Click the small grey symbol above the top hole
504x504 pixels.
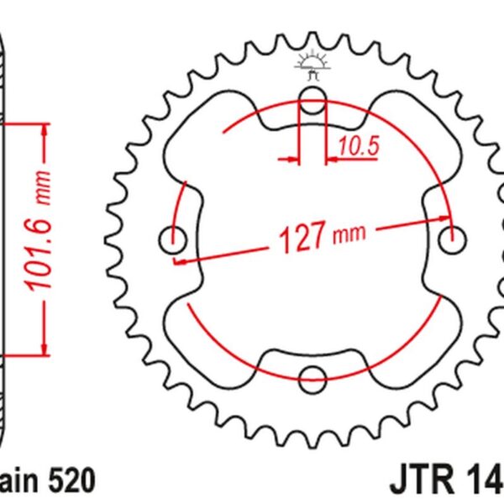coord(312,62)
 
